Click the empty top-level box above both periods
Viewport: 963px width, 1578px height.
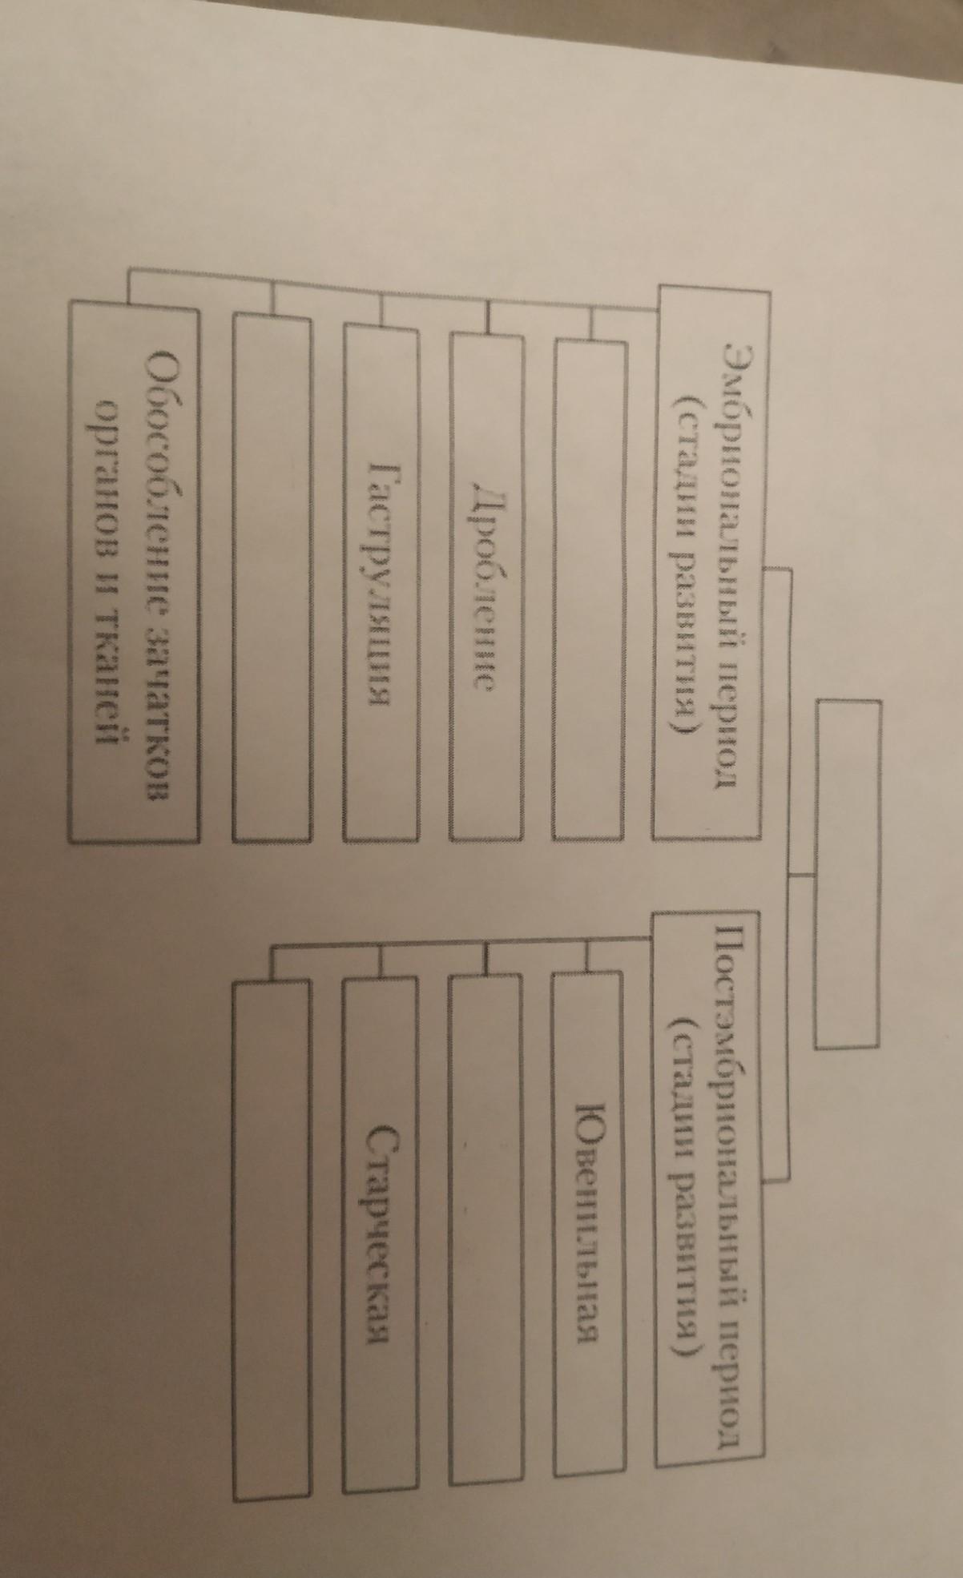tap(850, 872)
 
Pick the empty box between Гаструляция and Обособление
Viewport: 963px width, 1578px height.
tap(272, 576)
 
